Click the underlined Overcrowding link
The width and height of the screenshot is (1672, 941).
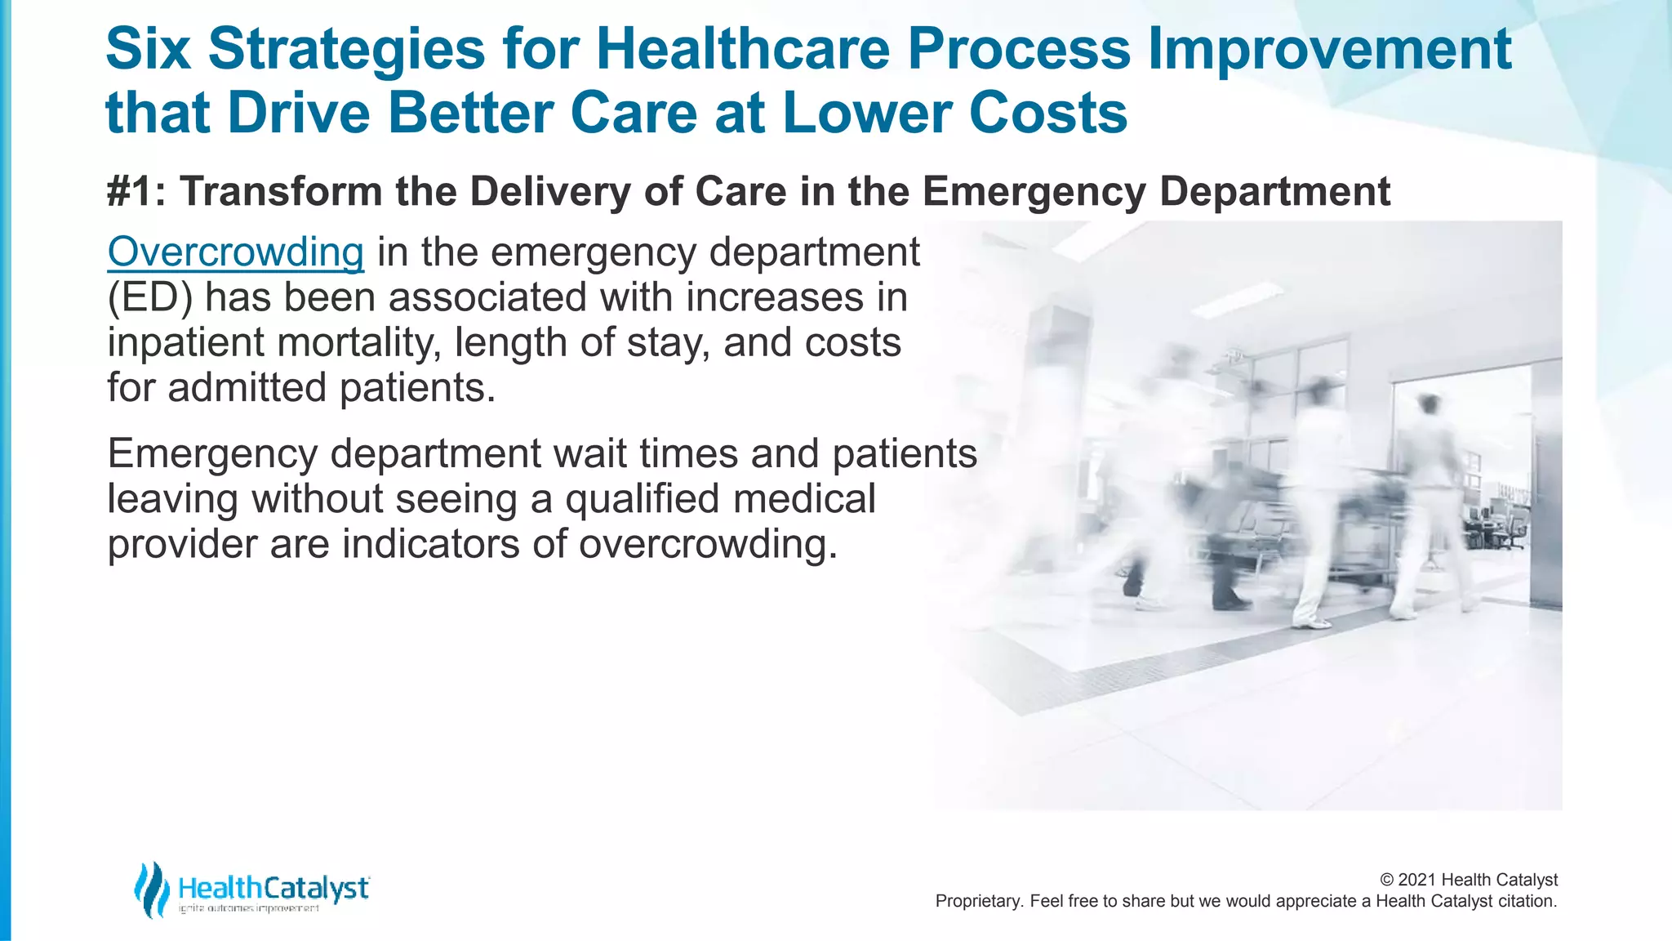[235, 252]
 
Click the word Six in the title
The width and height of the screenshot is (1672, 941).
[149, 49]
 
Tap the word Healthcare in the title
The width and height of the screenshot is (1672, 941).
[743, 49]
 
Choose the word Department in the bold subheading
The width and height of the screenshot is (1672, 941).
[1274, 192]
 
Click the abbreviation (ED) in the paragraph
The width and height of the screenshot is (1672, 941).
[150, 297]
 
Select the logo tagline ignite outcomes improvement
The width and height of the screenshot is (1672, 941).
[249, 908]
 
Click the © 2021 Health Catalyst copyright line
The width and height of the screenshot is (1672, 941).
[1468, 880]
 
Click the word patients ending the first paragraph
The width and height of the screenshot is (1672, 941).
[417, 388]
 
